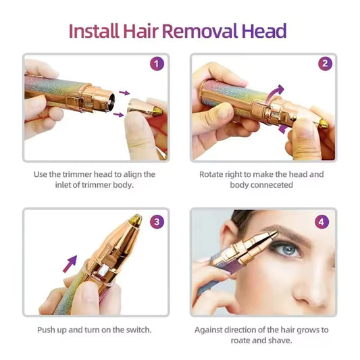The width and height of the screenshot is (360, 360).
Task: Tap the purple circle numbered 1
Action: pos(156,64)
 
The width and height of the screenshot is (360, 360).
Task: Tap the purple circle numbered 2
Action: pos(325,64)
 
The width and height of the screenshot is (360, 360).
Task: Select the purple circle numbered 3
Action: pos(156,221)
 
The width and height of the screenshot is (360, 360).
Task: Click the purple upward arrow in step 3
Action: pos(70,263)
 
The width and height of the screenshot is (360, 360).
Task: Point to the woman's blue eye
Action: pos(290,251)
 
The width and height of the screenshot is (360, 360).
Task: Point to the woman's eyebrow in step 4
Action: pos(287,233)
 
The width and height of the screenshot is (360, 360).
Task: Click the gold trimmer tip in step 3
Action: pos(135,220)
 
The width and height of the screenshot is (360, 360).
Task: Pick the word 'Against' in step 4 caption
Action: pos(210,330)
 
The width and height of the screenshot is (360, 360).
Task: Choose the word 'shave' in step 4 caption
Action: pos(280,340)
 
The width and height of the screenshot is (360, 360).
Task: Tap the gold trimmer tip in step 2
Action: pos(324,124)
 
